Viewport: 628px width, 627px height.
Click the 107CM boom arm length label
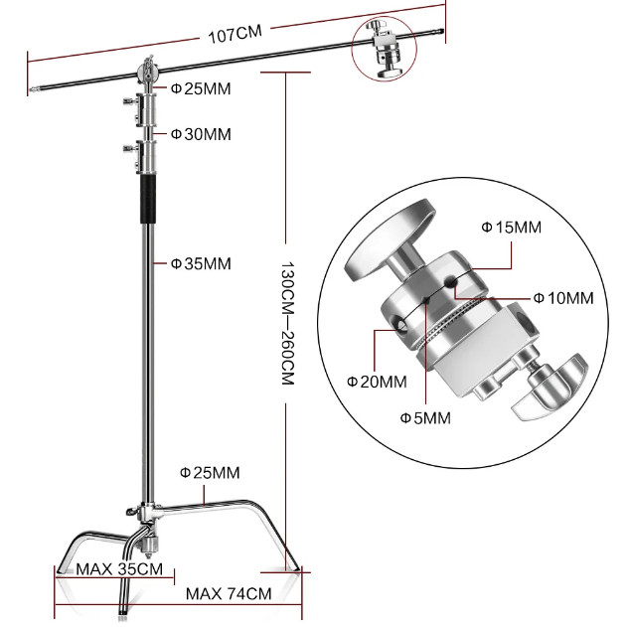click(x=235, y=34)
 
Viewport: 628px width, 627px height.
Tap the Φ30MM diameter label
click(x=201, y=134)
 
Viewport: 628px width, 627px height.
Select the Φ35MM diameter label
click(x=201, y=264)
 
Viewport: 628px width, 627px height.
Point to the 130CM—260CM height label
click(x=287, y=324)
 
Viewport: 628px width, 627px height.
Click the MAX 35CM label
click(x=119, y=569)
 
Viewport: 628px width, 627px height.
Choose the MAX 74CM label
click(x=229, y=593)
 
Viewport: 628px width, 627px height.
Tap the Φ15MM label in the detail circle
click(x=511, y=228)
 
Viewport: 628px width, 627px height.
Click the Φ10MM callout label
click(x=563, y=298)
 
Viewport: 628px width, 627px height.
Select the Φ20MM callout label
click(x=377, y=382)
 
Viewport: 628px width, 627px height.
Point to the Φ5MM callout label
click(x=425, y=418)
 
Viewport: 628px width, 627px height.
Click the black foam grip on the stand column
click(x=148, y=199)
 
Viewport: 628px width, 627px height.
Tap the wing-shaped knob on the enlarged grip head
click(x=549, y=387)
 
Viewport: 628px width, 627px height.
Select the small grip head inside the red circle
click(x=386, y=49)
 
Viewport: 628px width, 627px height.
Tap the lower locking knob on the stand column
click(x=130, y=149)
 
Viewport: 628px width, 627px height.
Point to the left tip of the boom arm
click(x=31, y=89)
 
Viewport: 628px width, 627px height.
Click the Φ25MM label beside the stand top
click(x=201, y=88)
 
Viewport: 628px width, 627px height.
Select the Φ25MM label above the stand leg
click(x=210, y=473)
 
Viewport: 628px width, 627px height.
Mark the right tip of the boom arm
click(x=443, y=31)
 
